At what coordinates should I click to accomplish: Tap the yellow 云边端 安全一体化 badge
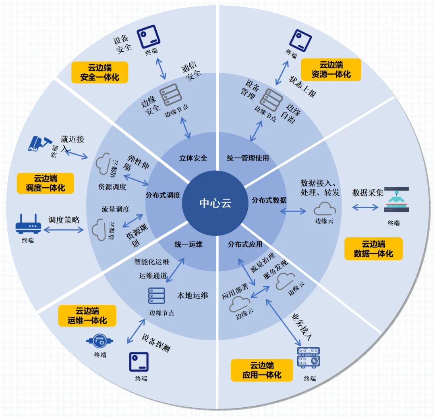tap(99, 72)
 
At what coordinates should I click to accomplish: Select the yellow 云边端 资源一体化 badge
tap(331, 69)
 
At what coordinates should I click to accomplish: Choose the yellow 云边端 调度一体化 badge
tap(45, 183)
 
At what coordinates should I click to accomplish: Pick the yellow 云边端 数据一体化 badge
tap(373, 248)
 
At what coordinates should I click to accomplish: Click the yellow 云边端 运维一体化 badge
tap(87, 316)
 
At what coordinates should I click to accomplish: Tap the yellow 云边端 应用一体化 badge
tap(261, 370)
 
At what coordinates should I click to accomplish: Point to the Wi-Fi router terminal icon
tap(28, 224)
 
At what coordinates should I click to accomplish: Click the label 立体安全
tap(193, 158)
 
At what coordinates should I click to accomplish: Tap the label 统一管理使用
tap(248, 158)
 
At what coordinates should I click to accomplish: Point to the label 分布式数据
tap(269, 200)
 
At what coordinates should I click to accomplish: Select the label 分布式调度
tap(163, 195)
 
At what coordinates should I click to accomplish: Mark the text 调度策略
tap(64, 220)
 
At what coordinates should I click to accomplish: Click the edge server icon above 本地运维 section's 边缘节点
tap(157, 296)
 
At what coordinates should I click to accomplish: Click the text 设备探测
tap(155, 343)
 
